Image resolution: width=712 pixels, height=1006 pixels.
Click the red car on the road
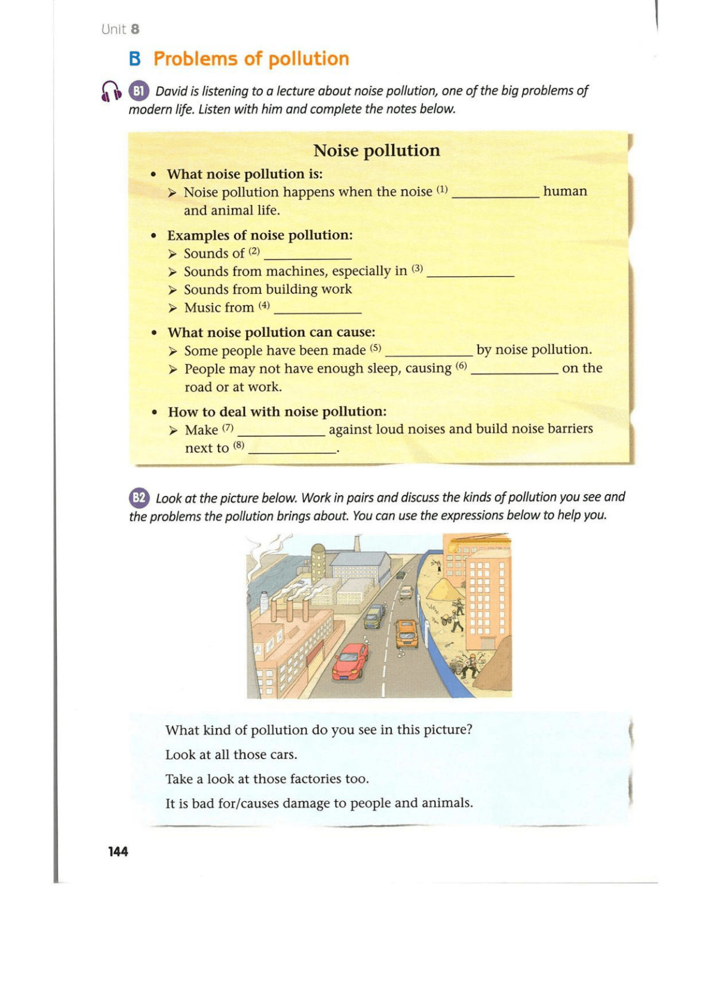click(351, 661)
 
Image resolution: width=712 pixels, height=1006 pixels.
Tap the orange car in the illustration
click(407, 633)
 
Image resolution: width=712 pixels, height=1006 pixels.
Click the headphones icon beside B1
click(111, 91)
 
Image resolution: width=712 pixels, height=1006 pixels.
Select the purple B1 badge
click(139, 91)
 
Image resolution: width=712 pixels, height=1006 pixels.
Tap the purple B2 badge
click(139, 498)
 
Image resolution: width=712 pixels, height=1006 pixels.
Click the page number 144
click(118, 851)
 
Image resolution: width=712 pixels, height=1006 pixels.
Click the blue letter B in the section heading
click(135, 59)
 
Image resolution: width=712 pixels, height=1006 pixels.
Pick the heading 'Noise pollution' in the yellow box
click(376, 151)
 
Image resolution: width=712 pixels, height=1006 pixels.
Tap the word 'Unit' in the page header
click(113, 29)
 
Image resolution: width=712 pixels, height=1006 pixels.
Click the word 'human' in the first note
click(564, 191)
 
